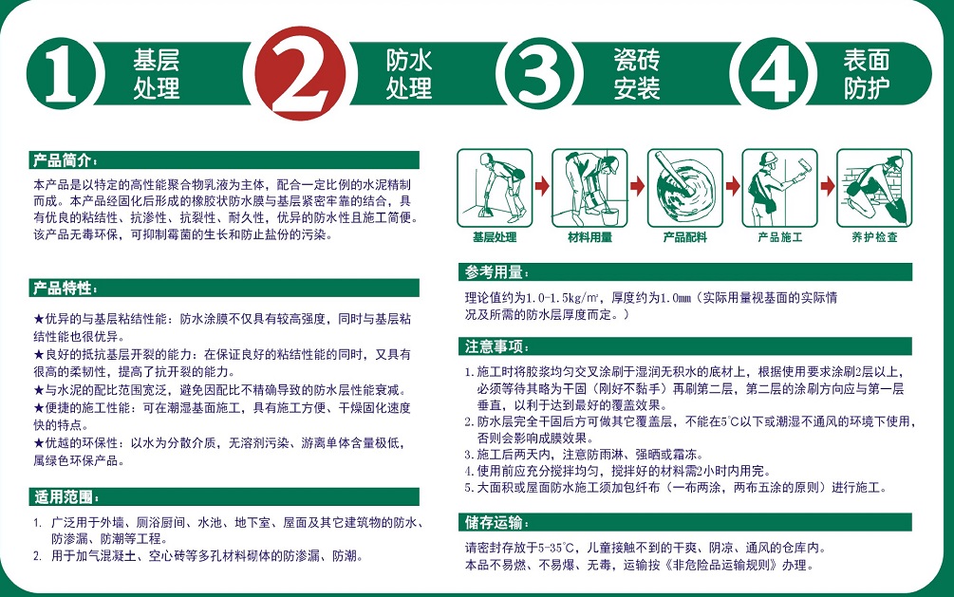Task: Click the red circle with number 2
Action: (x=300, y=73)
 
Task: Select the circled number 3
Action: (x=538, y=74)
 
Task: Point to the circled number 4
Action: (x=773, y=74)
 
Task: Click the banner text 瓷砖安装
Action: (x=636, y=74)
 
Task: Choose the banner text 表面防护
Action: (x=867, y=74)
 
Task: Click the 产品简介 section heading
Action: (x=65, y=160)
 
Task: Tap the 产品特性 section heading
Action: (x=65, y=288)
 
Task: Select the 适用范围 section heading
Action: (x=65, y=496)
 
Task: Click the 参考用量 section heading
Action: (x=496, y=272)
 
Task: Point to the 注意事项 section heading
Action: (x=496, y=346)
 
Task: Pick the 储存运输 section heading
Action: (x=496, y=522)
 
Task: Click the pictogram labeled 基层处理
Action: (x=495, y=188)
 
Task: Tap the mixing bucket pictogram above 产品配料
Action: (x=685, y=188)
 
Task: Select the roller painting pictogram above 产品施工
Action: (x=779, y=188)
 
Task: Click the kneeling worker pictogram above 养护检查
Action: (x=874, y=188)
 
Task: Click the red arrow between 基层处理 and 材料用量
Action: (x=542, y=186)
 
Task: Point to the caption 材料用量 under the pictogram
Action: (x=589, y=237)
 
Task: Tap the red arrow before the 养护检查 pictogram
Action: (x=827, y=186)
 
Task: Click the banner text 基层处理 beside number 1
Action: (x=157, y=74)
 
